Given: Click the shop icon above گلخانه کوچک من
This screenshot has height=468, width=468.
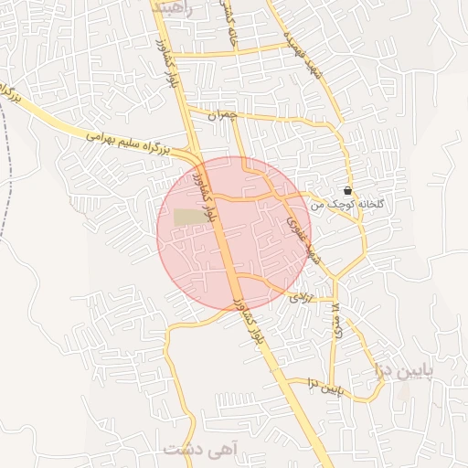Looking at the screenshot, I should click(348, 191).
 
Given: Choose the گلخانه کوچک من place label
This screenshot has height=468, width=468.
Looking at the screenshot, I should click(348, 207).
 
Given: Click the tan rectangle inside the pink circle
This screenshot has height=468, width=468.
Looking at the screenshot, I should click(190, 217).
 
